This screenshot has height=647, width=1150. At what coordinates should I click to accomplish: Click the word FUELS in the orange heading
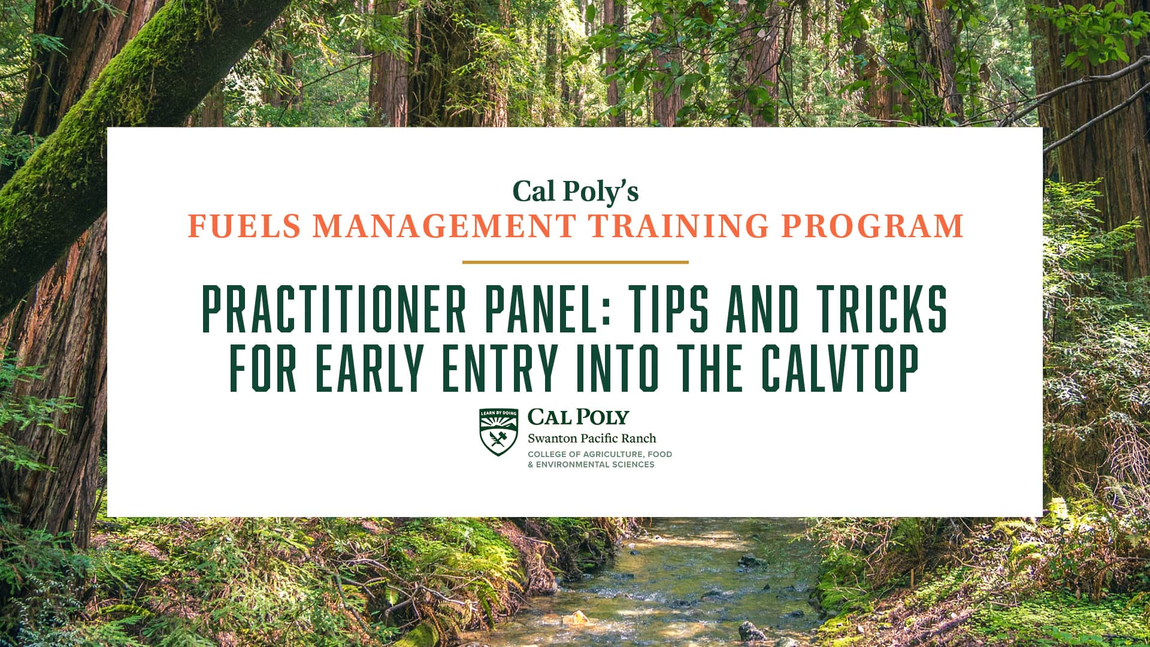click(244, 226)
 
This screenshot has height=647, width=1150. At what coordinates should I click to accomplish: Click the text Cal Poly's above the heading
click(575, 192)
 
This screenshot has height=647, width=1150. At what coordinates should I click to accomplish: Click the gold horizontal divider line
click(575, 262)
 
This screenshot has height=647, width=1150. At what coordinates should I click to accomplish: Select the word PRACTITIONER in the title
click(334, 310)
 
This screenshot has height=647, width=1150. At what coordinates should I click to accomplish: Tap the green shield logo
click(498, 432)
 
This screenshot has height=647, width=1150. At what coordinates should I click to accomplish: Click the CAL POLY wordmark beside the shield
click(578, 417)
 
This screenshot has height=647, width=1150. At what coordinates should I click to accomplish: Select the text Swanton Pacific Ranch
click(592, 438)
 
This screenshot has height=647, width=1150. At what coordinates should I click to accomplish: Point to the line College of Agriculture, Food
click(600, 454)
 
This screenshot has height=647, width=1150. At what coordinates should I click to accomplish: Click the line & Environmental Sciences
click(591, 464)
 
